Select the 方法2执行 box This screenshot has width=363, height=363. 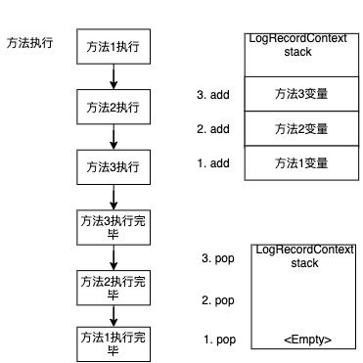click(113, 106)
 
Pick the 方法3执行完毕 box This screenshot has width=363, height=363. click(113, 227)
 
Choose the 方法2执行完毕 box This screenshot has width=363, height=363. click(113, 286)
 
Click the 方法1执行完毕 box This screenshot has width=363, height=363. click(113, 343)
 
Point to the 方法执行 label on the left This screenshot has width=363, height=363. click(30, 44)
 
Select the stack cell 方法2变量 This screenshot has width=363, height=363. click(300, 128)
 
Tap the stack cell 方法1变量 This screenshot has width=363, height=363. click(300, 162)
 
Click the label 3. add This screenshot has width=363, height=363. click(213, 96)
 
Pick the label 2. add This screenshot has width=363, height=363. click(213, 128)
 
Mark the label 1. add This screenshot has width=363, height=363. click(213, 161)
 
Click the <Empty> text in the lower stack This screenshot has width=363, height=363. click(307, 339)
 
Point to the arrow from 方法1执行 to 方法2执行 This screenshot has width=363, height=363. click(113, 77)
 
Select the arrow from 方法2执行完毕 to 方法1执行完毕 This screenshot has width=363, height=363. click(113, 315)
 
